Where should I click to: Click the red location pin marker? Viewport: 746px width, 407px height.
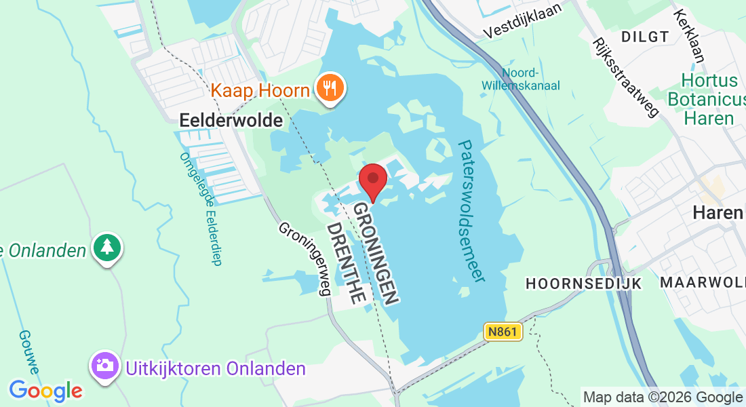coord(372,179)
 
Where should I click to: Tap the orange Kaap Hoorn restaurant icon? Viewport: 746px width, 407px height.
coord(330,88)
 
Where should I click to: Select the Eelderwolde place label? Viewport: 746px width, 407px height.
coord(231,121)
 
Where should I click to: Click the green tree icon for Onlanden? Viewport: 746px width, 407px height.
coord(107,247)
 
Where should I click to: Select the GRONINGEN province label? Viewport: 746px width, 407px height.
coord(374,254)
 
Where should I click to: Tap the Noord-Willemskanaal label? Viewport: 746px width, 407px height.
coord(520,79)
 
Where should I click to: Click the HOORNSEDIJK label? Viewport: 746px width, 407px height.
coord(584,284)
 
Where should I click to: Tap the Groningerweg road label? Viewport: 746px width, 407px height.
coord(305,258)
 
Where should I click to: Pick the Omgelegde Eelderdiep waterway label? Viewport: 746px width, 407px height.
coord(200,208)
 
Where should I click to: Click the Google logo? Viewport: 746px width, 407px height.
coord(45,391)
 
